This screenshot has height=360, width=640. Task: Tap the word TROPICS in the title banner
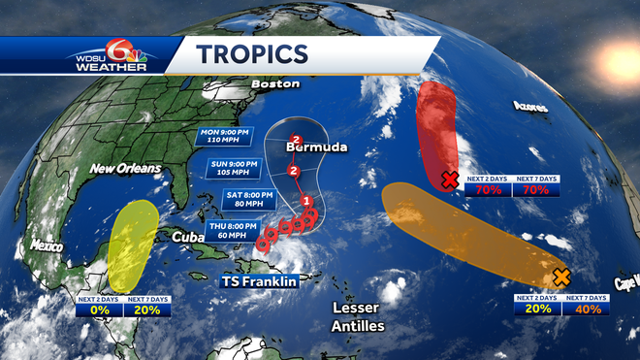click(x=252, y=53)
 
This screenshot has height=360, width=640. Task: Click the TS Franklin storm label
click(x=256, y=280)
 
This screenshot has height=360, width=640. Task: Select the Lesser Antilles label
click(x=358, y=316)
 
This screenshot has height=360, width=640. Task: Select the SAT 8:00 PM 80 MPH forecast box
click(x=251, y=199)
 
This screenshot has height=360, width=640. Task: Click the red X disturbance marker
click(x=449, y=180)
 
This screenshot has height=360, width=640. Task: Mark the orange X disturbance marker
click(x=560, y=277)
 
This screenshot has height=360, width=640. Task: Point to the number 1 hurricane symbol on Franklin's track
click(x=306, y=202)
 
